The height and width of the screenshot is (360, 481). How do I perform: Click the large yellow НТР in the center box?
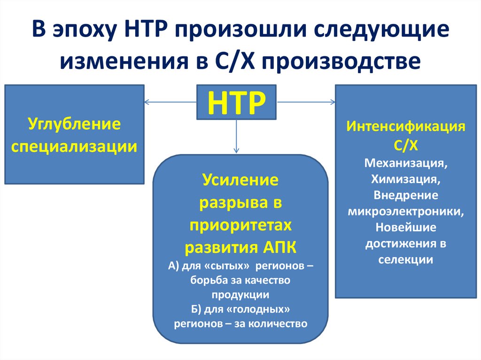[x=236, y=103]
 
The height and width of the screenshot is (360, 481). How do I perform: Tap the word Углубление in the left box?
[x=74, y=125]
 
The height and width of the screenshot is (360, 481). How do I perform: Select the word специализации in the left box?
[x=74, y=146]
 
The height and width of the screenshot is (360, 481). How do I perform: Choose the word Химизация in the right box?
[x=405, y=179]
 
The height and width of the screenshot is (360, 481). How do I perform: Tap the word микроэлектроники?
[x=406, y=211]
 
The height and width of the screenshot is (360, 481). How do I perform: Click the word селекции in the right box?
[x=406, y=260]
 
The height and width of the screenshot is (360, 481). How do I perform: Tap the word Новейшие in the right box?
[x=406, y=227]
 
